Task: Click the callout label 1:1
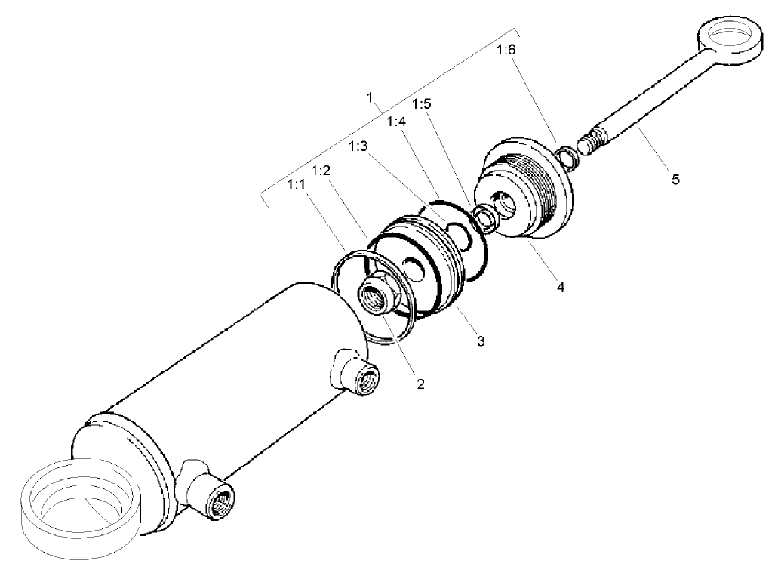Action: (x=297, y=183)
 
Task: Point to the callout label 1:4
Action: (x=395, y=121)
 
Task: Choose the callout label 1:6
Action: (x=506, y=50)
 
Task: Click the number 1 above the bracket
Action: (x=370, y=97)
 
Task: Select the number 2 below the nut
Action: (x=421, y=384)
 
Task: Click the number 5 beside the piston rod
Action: (x=676, y=180)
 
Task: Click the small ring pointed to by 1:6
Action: (x=567, y=156)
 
